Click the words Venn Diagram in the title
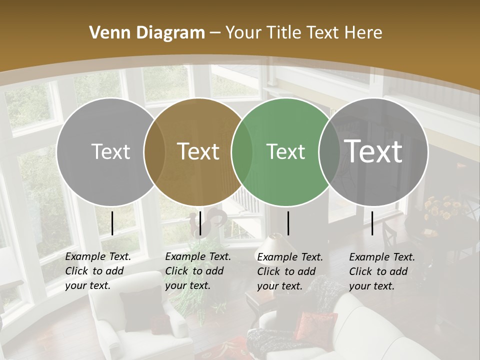point(147,33)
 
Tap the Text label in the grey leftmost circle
point(110,151)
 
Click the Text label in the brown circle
point(198,151)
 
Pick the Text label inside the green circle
point(285,151)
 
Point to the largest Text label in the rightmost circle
point(373,151)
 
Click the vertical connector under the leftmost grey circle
point(112,223)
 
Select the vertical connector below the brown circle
point(200,223)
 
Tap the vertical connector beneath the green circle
point(288,223)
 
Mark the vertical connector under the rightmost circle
point(372,223)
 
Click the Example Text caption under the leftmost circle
point(98,271)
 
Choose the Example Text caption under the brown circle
point(198,271)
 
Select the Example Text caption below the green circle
point(290,271)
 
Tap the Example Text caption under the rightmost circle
point(382,271)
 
